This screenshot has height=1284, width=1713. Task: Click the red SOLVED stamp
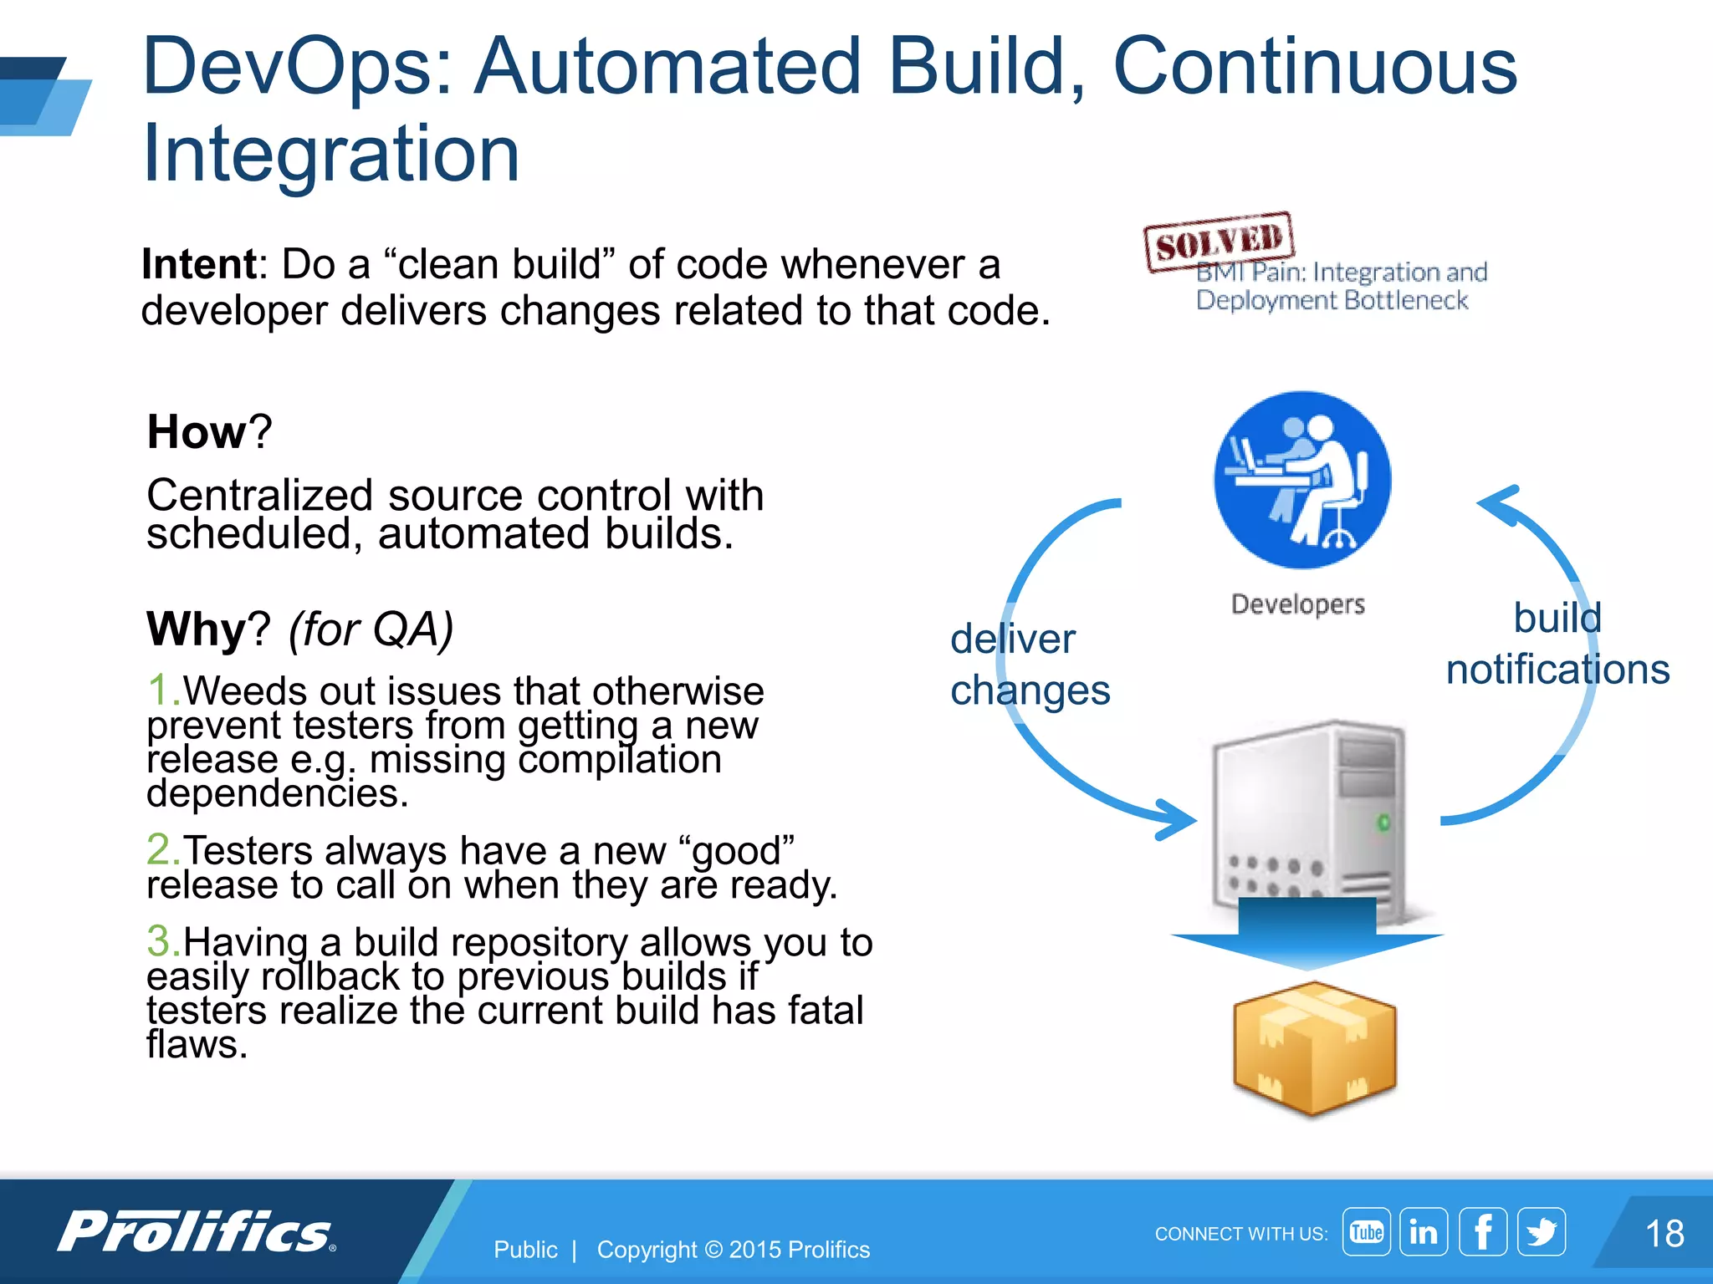click(1219, 242)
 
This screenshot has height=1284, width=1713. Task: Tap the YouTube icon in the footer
click(1366, 1231)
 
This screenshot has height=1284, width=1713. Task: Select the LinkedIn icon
click(1424, 1231)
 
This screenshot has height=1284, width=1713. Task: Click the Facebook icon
click(1482, 1231)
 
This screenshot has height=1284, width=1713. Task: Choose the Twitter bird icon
click(1541, 1231)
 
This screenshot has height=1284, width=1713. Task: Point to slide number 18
click(1664, 1234)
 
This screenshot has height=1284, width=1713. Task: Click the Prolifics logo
click(197, 1231)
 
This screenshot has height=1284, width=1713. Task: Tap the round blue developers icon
click(1301, 480)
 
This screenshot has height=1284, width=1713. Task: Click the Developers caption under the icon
click(1297, 604)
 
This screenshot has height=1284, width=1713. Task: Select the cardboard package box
click(1314, 1049)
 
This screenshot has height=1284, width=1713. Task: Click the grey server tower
click(1308, 819)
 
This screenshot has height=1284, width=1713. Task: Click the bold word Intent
click(199, 264)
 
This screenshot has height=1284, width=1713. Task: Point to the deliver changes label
click(1029, 665)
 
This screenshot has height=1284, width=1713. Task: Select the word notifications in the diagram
click(1557, 670)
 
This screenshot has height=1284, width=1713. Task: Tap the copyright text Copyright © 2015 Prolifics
click(733, 1250)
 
